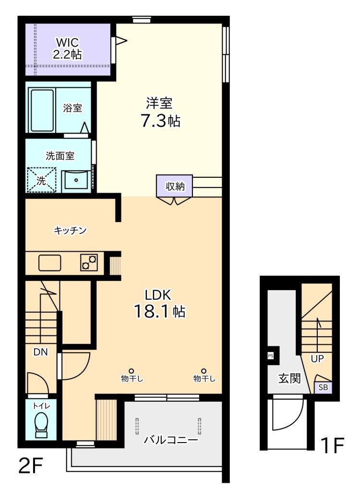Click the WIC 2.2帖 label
(x=67, y=48)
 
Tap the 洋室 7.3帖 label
(x=160, y=112)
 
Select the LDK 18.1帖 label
(x=159, y=304)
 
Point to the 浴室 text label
(x=72, y=108)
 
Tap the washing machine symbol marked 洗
(x=41, y=180)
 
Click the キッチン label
(x=70, y=231)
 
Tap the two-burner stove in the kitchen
(x=89, y=263)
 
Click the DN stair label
(x=40, y=352)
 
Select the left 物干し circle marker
(x=131, y=371)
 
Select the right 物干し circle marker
(x=204, y=371)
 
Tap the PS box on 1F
(x=271, y=356)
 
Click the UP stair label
(x=317, y=358)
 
